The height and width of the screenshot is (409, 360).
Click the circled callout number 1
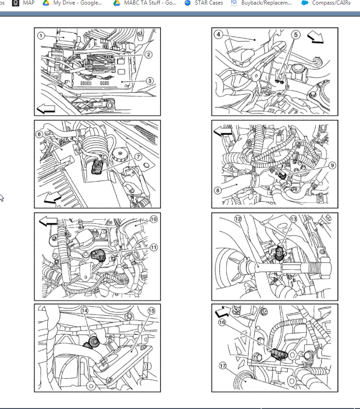[41, 35]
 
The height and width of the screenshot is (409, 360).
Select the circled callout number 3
[149, 80]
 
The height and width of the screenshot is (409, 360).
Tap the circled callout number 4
[218, 34]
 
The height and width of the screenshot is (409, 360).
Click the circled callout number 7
[137, 157]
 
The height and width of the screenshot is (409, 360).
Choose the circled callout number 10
[154, 219]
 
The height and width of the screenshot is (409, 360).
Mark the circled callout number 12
[238, 219]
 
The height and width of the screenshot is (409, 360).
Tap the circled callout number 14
[85, 311]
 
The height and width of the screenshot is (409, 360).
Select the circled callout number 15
[151, 311]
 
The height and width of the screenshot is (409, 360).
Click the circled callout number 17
[223, 366]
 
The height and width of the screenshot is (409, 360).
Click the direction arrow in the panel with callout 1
[46, 109]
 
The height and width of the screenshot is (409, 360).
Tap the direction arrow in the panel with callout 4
[316, 37]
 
